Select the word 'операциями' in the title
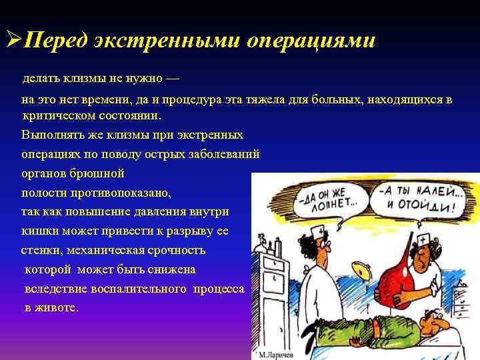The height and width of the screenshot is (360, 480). coord(311,41)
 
